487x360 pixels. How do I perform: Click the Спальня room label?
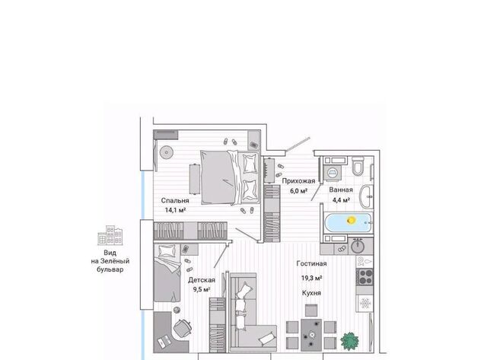point(175,201)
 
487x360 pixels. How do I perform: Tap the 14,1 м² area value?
point(175,210)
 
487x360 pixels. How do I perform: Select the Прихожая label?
point(298,181)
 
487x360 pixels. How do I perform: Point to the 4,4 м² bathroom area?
point(341,199)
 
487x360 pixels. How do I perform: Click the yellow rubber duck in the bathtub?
point(352,220)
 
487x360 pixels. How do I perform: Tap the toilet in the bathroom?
point(358,166)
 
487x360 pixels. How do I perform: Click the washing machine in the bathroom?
point(333,173)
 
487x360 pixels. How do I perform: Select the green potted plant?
point(350,341)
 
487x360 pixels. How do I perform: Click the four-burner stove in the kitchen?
point(364,277)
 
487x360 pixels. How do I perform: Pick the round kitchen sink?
point(358,247)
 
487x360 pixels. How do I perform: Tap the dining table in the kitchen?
point(311,335)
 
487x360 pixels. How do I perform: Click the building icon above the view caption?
point(110,235)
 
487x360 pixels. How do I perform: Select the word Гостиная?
point(311,263)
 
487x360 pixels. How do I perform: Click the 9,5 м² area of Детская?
point(202,289)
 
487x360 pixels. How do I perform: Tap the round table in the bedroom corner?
point(166,152)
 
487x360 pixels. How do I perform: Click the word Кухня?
point(311,293)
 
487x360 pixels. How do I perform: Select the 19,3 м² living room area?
point(311,278)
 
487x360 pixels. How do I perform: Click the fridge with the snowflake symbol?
point(364,303)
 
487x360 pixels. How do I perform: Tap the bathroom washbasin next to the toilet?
point(366,197)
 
